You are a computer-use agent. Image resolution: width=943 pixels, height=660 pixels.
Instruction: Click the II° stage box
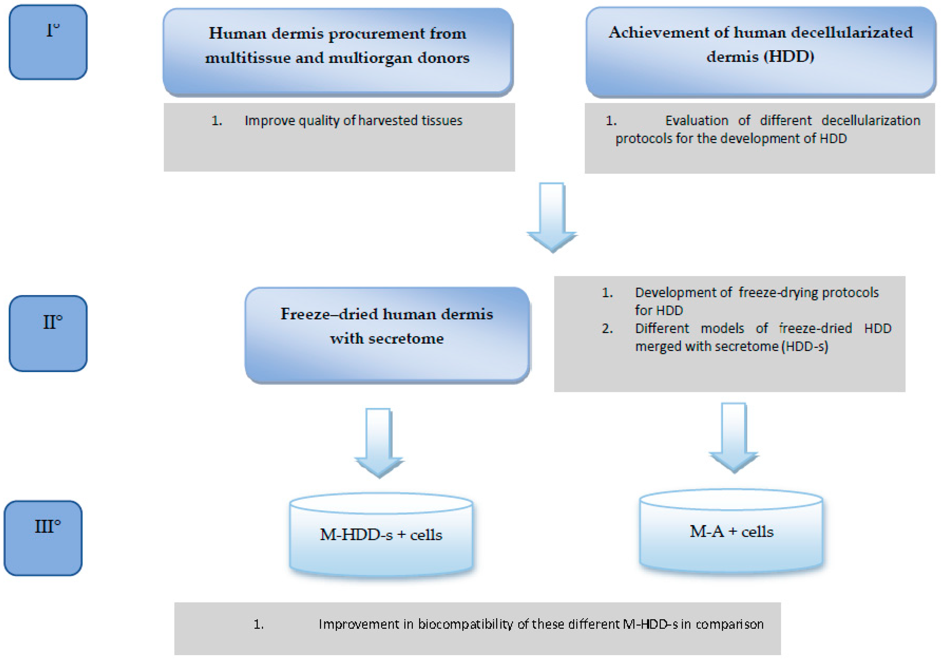[x=48, y=333]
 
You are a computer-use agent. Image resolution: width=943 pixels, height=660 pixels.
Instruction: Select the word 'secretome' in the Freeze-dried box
[x=406, y=339]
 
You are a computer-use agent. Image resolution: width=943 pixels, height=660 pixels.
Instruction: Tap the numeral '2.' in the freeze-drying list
[x=607, y=329]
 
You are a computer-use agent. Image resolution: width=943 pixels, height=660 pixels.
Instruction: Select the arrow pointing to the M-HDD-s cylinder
[x=378, y=442]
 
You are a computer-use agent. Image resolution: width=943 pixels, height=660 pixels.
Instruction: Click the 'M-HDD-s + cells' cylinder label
[x=381, y=535]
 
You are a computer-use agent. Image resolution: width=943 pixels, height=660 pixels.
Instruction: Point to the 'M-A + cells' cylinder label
[x=731, y=531]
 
